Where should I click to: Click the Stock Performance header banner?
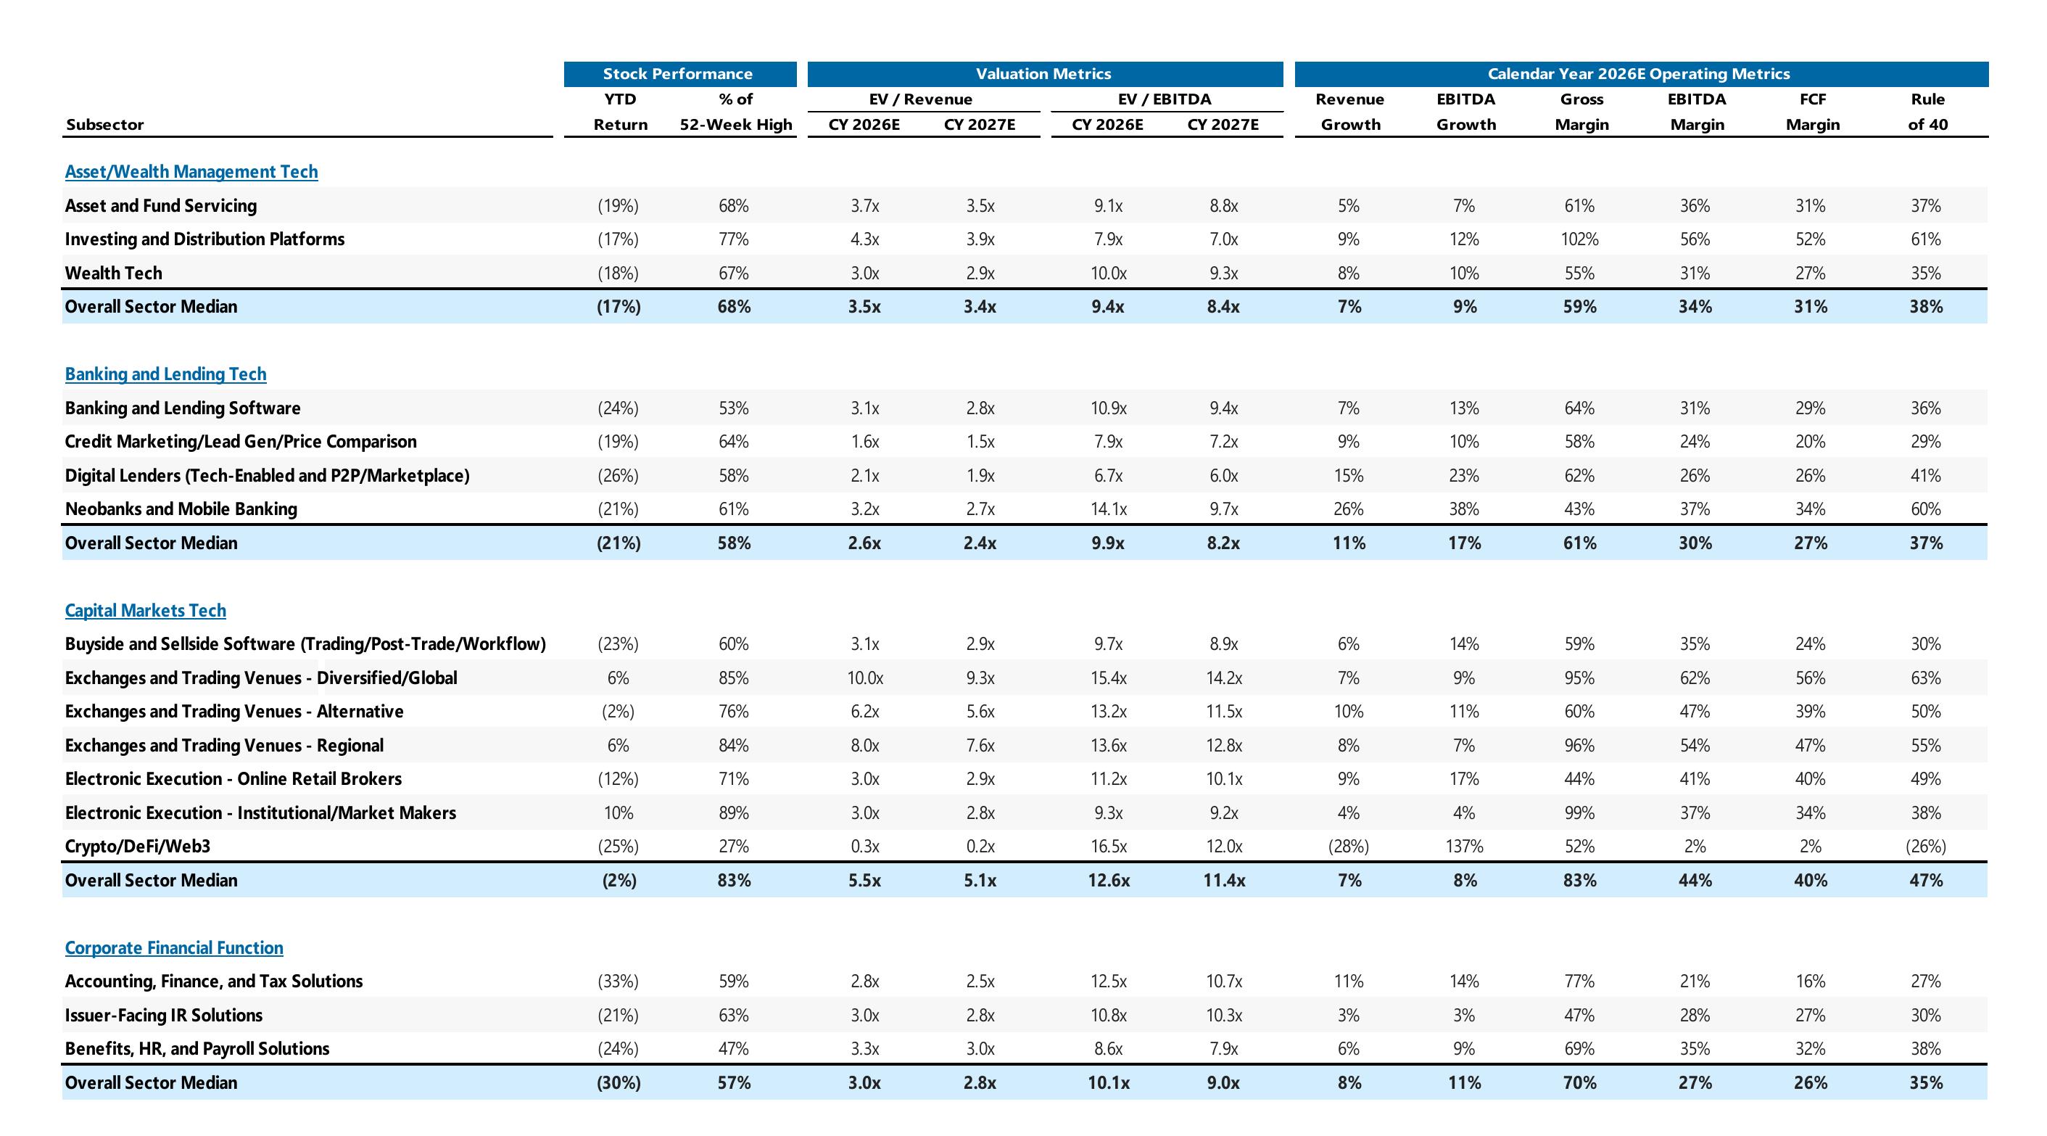679,74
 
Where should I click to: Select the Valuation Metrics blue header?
1045,74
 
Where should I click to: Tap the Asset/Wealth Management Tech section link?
191,172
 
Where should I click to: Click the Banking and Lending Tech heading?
166,374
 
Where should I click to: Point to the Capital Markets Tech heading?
146,611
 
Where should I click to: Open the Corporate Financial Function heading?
174,947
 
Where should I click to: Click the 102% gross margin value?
1580,239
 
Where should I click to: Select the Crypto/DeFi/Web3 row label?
138,847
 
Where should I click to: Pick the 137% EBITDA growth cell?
1465,847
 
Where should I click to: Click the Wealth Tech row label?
114,273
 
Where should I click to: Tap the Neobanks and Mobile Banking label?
181,509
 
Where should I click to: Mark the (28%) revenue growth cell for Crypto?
1349,847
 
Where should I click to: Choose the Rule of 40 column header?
1928,111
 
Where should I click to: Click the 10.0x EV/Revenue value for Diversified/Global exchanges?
864,678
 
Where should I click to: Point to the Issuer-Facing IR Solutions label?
164,1015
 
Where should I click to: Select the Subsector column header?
105,125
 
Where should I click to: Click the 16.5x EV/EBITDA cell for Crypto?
1109,847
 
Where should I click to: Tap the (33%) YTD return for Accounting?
619,981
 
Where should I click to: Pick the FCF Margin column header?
1813,111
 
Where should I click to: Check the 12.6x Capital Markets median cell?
1109,881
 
